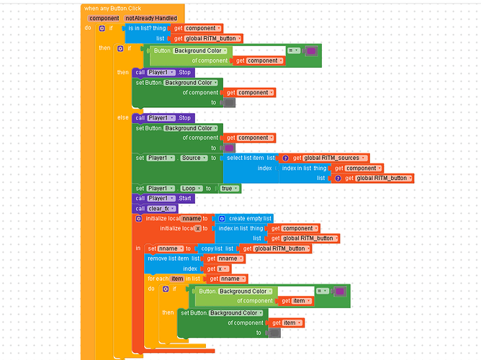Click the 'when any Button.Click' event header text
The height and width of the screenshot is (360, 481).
112,7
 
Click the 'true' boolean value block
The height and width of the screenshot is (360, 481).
228,188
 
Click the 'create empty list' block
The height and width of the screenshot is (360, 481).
249,218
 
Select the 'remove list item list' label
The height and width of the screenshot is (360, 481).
173,258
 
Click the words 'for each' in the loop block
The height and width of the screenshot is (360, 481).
158,278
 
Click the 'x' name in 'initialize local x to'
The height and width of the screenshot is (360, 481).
197,228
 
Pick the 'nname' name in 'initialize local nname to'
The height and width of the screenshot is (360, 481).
191,218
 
